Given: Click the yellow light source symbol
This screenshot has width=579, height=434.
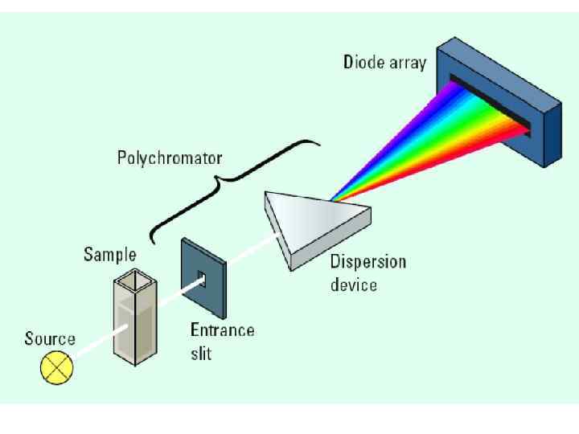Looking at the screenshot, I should pyautogui.click(x=57, y=369).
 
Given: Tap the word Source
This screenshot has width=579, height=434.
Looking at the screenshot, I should pyautogui.click(x=49, y=338).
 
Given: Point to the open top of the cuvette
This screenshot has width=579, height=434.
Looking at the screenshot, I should pyautogui.click(x=130, y=282).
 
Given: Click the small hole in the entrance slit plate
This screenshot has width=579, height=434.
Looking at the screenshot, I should pyautogui.click(x=202, y=279).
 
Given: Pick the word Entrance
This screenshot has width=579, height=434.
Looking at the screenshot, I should pyautogui.click(x=222, y=330).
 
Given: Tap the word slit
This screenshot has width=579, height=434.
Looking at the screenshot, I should pyautogui.click(x=201, y=352).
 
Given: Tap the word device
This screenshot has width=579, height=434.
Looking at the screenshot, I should pyautogui.click(x=354, y=285).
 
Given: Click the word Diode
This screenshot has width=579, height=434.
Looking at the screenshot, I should pyautogui.click(x=364, y=61).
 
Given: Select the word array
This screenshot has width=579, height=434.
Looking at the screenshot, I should pyautogui.click(x=408, y=63).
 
